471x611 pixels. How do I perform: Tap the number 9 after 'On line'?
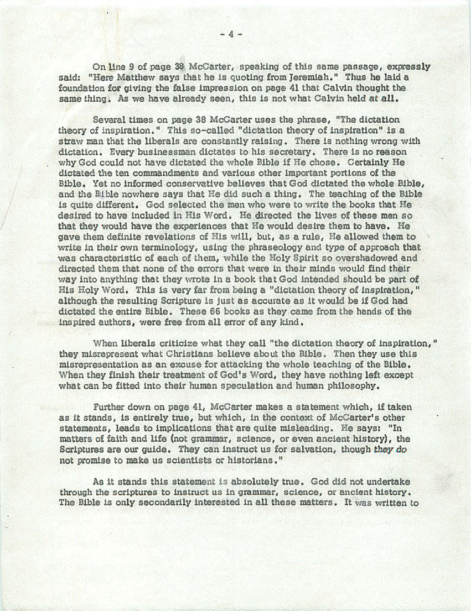coord(133,67)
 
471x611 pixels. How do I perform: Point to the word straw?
coord(71,141)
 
